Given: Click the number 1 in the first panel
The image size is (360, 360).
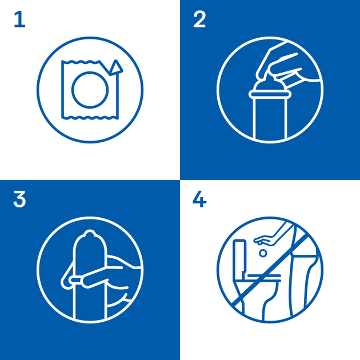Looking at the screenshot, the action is [x=20, y=19].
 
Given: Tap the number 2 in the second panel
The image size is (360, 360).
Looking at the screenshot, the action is [x=199, y=19].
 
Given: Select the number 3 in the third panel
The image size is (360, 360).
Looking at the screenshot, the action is [x=19, y=199].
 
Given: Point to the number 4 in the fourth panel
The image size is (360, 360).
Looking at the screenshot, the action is [x=199, y=199].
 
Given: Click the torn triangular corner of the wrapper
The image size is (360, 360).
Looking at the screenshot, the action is [x=116, y=67].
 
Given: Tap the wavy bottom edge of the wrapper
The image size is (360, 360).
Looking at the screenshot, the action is [x=90, y=118].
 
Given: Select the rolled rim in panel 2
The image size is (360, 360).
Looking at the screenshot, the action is [x=270, y=94].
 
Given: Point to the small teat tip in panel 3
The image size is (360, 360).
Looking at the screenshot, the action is [x=90, y=233].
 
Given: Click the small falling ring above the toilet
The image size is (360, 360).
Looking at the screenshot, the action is [x=263, y=253].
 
